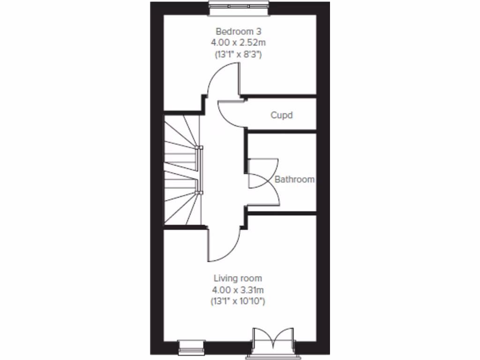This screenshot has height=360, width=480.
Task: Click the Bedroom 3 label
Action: [x=238, y=31]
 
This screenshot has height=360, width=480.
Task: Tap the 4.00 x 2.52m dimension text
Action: [x=238, y=43]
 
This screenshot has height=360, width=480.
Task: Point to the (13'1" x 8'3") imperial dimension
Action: [x=238, y=54]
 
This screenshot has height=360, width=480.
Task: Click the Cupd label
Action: [x=281, y=115]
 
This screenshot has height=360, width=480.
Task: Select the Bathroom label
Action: [x=294, y=179]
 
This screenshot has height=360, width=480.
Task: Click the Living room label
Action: [x=238, y=278]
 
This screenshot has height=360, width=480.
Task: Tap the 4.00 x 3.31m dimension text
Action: [x=238, y=290]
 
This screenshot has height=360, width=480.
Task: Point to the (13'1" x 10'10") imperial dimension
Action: [x=238, y=301]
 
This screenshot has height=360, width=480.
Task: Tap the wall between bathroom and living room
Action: [x=281, y=213]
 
